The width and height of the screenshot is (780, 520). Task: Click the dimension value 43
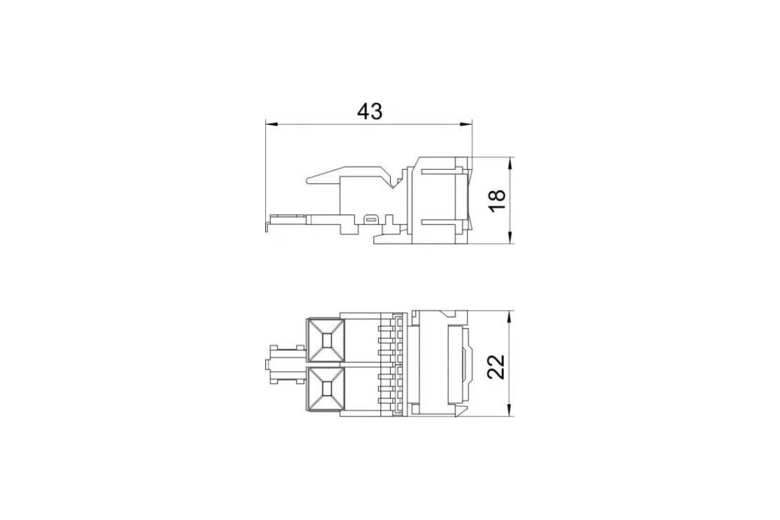[370, 111]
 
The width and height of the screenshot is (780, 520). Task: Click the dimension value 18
[497, 201]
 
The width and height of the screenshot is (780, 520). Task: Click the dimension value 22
[496, 367]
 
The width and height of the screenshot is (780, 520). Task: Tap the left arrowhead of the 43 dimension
[272, 124]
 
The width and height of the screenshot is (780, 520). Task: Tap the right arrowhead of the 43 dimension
[466, 124]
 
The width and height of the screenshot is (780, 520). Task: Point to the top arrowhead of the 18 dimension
[510, 163]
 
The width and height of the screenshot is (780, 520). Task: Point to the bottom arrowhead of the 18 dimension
[510, 237]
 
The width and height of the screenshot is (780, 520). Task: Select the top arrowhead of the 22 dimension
[510, 317]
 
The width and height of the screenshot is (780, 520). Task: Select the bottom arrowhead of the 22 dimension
[510, 410]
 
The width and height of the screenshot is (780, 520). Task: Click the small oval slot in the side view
[371, 220]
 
